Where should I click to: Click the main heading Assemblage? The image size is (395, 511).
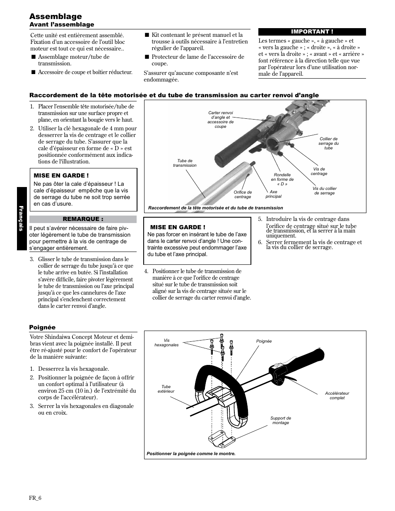coord(55,16)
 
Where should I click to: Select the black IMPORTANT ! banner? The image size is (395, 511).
coord(312,32)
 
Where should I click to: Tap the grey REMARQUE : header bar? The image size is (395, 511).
coord(83,219)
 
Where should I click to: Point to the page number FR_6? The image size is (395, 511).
coord(35,498)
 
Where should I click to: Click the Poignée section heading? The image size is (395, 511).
coord(42,327)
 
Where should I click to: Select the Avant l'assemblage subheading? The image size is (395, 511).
coord(62,25)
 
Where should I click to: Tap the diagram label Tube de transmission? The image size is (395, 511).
coord(185,163)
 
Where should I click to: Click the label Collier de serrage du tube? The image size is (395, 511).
coord(328,143)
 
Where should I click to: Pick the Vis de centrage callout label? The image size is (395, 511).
coord(319,171)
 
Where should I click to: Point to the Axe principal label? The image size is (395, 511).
coord(273,194)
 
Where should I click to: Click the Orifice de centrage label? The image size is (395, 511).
coord(243,194)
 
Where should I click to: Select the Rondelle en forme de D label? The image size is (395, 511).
coord(282,179)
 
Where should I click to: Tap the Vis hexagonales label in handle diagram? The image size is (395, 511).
coord(166,343)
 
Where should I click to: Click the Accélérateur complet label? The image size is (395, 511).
coord(337,396)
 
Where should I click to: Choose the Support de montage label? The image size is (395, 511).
coord(281,420)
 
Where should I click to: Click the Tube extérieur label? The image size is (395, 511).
coord(166,389)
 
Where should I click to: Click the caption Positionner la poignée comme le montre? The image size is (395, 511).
coord(191,453)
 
